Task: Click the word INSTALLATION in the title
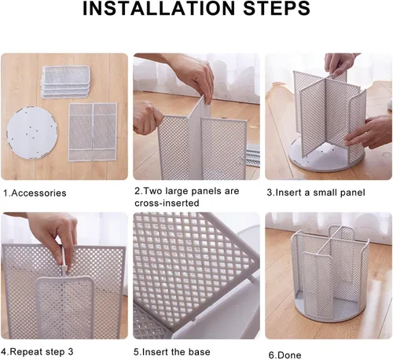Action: pyautogui.click(x=159, y=9)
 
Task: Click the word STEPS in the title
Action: pyautogui.click(x=277, y=9)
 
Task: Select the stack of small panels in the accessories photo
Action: pyautogui.click(x=65, y=82)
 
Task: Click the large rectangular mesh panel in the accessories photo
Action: pyautogui.click(x=93, y=132)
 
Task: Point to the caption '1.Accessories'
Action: pyautogui.click(x=35, y=193)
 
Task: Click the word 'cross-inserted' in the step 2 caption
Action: pyautogui.click(x=167, y=203)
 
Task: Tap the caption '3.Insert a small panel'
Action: pyautogui.click(x=316, y=193)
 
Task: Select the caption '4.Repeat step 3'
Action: pyautogui.click(x=37, y=351)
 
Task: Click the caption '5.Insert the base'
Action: pyautogui.click(x=172, y=352)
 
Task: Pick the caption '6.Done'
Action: pyautogui.click(x=285, y=355)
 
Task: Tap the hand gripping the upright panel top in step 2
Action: pyautogui.click(x=195, y=76)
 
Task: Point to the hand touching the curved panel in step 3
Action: pyautogui.click(x=369, y=133)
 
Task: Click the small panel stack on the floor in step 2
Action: pyautogui.click(x=252, y=155)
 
